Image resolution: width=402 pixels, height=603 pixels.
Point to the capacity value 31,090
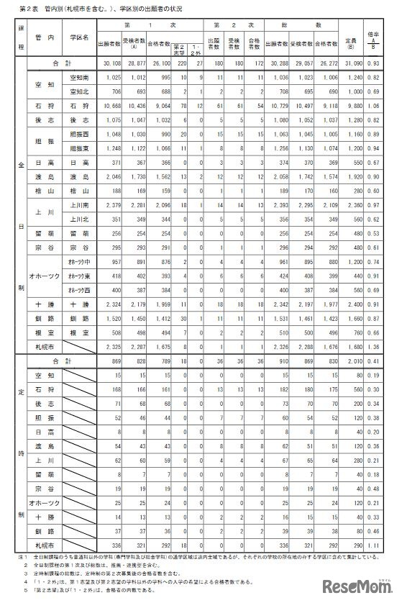[353, 65]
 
